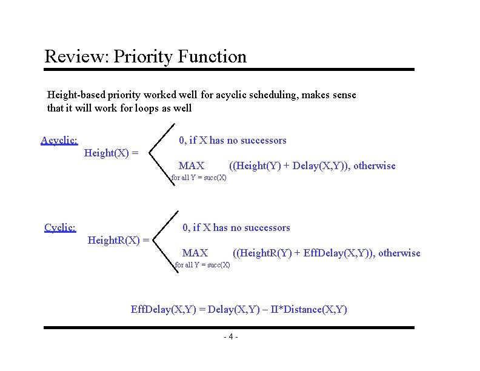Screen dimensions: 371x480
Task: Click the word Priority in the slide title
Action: coord(143,57)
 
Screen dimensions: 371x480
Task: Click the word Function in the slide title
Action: coord(212,57)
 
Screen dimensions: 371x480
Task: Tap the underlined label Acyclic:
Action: coord(59,141)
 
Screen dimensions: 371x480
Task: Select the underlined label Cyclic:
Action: coord(60,228)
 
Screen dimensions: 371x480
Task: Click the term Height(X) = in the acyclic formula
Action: coord(112,153)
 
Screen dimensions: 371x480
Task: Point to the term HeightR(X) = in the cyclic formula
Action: coord(119,241)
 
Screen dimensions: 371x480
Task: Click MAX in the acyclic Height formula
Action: coord(192,166)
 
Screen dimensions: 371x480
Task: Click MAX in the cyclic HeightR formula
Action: coord(195,253)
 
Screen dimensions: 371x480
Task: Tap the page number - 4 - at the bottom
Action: coord(231,337)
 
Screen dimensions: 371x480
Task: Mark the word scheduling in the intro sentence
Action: coord(267,95)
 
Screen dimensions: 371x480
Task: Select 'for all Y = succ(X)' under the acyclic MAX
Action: coord(198,178)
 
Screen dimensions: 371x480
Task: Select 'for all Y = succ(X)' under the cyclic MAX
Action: coord(202,265)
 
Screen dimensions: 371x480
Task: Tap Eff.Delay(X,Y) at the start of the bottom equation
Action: coord(167,310)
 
